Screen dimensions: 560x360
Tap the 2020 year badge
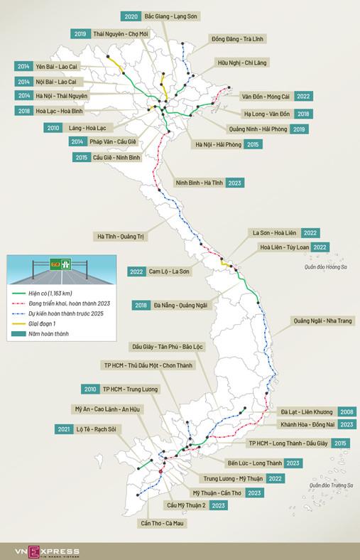(130, 16)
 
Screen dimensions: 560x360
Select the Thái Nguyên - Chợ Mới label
(119, 33)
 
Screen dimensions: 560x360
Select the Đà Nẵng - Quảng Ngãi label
(180, 306)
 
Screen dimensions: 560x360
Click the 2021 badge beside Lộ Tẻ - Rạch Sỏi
(62, 429)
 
